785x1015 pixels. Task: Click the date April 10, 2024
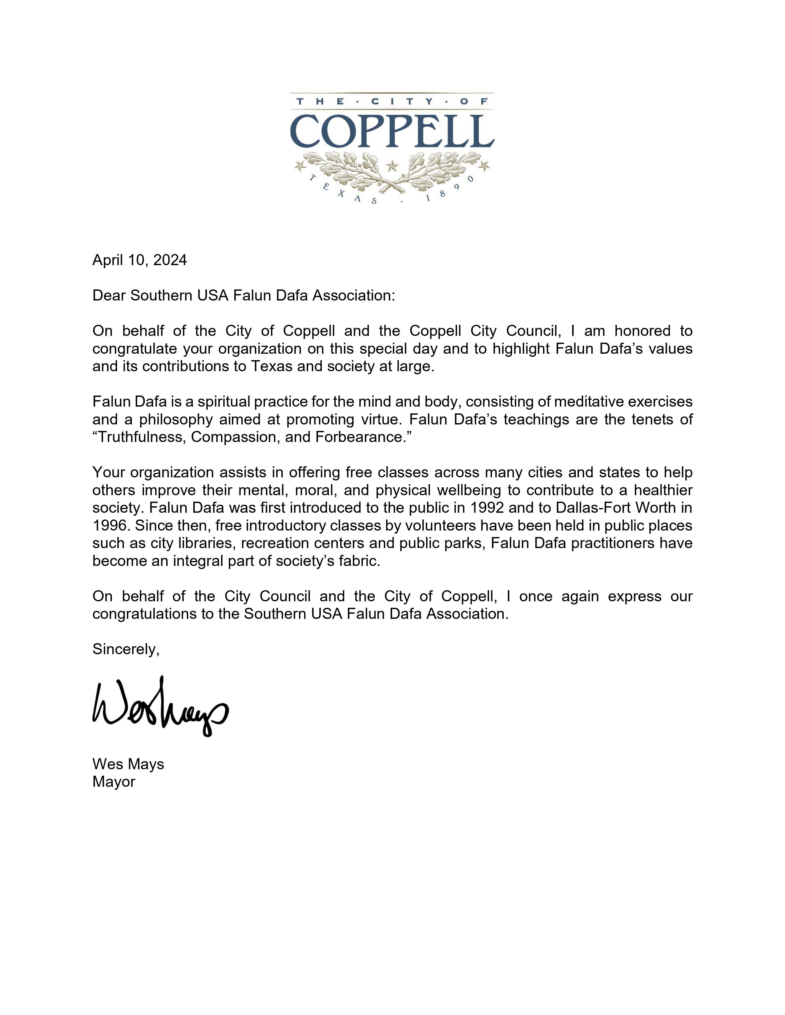[139, 260]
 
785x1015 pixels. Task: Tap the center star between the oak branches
[392, 165]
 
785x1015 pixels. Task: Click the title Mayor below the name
[114, 782]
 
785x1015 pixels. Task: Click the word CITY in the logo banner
[392, 101]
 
